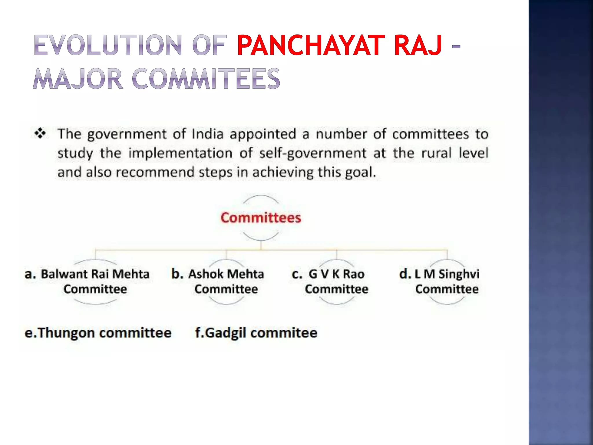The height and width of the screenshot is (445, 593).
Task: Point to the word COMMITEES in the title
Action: [x=206, y=79]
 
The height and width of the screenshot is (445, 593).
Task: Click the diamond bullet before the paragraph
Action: [x=40, y=134]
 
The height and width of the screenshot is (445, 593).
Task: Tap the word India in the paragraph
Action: [x=208, y=134]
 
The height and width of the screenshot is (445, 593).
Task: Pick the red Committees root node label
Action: [x=261, y=218]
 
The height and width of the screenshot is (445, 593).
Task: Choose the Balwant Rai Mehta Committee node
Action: [x=95, y=282]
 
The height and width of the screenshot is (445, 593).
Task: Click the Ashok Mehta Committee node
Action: [x=226, y=282]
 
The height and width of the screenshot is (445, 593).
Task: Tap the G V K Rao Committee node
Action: [x=336, y=282]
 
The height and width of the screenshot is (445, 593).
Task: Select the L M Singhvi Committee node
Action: [x=447, y=282]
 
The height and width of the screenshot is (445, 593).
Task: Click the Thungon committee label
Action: [x=98, y=333]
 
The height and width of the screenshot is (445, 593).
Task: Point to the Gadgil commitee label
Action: [x=256, y=333]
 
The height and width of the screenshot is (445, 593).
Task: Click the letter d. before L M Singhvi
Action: [x=405, y=274]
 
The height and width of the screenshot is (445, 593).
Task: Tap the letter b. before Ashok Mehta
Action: [x=177, y=274]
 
